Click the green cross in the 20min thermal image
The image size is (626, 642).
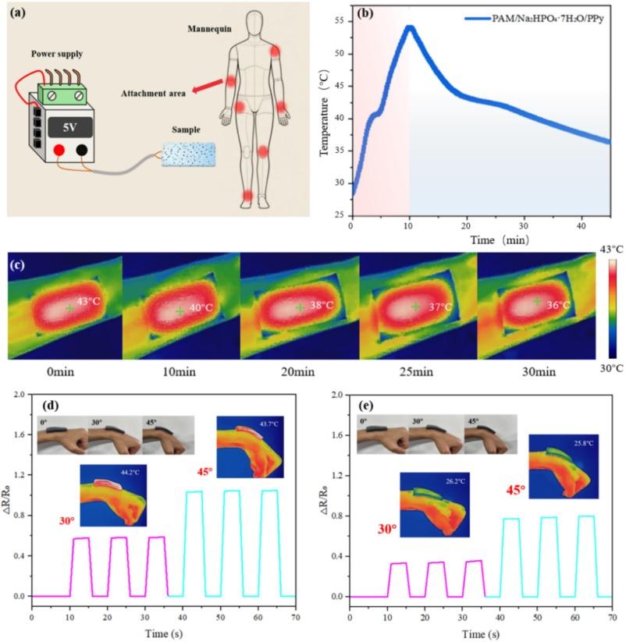[300, 307]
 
